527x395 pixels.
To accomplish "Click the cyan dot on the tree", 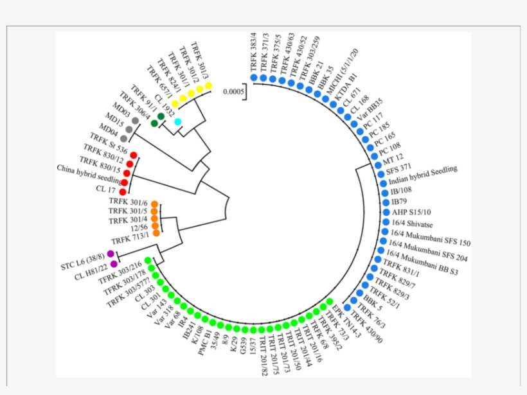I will tap(177, 122).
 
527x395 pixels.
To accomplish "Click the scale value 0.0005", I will tap(235, 91).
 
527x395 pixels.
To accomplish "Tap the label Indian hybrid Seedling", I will tap(424, 174).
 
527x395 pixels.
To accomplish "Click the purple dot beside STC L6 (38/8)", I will tap(111, 254).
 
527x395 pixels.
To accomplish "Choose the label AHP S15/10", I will tap(413, 211).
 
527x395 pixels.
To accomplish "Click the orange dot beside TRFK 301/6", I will tap(154, 205).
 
